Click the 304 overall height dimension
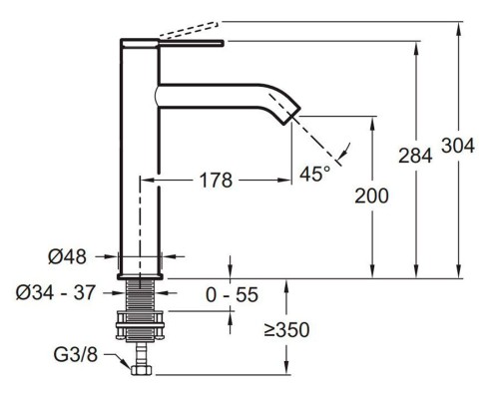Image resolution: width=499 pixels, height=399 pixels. (x=458, y=146)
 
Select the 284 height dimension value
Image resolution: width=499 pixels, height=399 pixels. (x=415, y=156)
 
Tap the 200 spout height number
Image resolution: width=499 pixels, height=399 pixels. (x=371, y=196)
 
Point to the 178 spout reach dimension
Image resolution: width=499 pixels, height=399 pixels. (x=216, y=181)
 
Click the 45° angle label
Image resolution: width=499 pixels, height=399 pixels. (x=314, y=174)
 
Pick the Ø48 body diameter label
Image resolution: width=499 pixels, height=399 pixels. (x=67, y=256)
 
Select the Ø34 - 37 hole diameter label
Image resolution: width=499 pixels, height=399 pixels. (x=56, y=292)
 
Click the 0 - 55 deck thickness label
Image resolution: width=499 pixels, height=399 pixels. (x=232, y=294)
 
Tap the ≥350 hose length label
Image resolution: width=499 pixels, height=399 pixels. (x=286, y=330)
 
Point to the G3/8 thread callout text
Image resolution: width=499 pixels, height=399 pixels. (x=76, y=354)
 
